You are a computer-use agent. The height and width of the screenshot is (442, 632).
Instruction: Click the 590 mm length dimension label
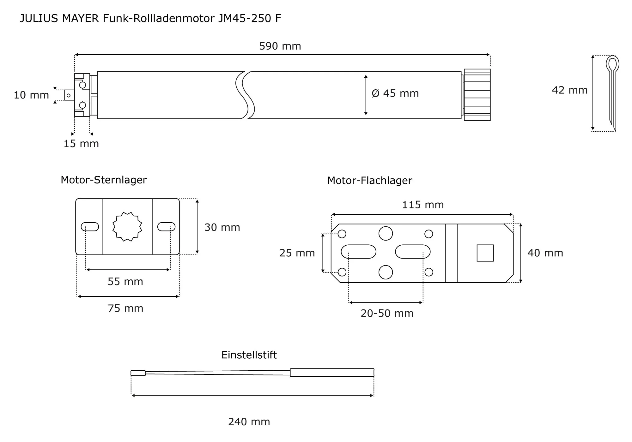tap(280, 46)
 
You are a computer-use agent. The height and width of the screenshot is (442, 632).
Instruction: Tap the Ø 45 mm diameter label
tap(395, 93)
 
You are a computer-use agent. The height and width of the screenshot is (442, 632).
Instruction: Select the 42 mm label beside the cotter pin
tap(569, 90)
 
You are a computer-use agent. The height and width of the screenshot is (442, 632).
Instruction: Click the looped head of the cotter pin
tap(612, 64)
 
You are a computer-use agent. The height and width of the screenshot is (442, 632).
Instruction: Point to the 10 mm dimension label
tap(31, 95)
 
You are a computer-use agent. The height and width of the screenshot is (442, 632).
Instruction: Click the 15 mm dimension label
tap(81, 144)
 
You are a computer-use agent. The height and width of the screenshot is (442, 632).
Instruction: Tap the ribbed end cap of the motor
tap(477, 95)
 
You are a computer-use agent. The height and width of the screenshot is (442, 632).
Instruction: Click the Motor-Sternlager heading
tap(104, 180)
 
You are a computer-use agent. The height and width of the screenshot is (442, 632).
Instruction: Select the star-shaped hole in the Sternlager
tap(127, 227)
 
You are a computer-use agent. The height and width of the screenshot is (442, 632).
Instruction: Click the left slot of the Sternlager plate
tap(90, 227)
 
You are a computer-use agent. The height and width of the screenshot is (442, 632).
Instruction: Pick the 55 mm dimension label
tap(125, 282)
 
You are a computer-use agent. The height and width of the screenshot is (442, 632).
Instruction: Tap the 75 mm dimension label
tap(125, 308)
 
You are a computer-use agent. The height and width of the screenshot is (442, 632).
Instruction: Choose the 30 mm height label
tap(222, 227)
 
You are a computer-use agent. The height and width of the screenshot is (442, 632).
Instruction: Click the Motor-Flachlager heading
tap(369, 181)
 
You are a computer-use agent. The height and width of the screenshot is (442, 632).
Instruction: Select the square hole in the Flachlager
tap(485, 253)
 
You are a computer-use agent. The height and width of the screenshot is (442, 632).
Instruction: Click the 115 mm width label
tap(423, 205)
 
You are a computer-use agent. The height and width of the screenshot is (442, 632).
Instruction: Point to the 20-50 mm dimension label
tap(387, 313)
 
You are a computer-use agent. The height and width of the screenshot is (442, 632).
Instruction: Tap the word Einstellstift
tap(249, 355)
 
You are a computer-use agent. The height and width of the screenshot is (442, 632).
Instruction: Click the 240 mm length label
tap(249, 422)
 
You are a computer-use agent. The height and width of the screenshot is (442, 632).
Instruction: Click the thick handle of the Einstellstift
tap(332, 373)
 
